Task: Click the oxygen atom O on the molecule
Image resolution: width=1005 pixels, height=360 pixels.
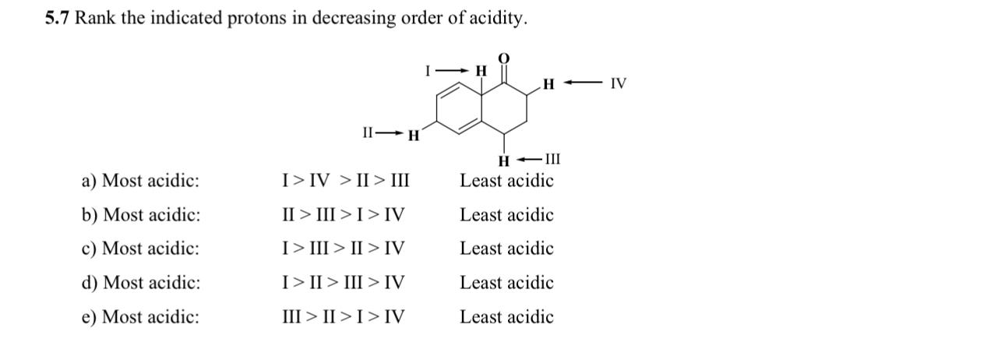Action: (x=503, y=58)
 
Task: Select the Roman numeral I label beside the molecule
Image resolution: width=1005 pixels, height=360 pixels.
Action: (x=428, y=71)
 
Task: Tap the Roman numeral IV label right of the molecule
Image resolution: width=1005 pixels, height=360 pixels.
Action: (x=618, y=83)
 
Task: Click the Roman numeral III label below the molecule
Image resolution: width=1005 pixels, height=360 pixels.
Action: (x=552, y=161)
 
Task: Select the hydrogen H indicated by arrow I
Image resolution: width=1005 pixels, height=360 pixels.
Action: (x=481, y=71)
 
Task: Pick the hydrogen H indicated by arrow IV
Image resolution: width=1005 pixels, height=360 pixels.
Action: (x=548, y=83)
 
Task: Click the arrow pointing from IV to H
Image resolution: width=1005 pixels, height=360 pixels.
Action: (x=583, y=83)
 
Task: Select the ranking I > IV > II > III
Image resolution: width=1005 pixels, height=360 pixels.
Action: (x=345, y=182)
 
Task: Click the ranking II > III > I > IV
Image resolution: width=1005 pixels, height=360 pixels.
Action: (x=343, y=215)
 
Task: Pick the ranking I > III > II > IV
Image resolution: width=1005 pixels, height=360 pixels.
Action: (x=343, y=249)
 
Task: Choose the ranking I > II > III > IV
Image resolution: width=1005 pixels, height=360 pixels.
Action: (x=343, y=283)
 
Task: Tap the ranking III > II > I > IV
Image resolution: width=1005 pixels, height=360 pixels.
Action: (x=343, y=317)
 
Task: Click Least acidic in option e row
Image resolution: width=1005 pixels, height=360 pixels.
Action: (x=506, y=317)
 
